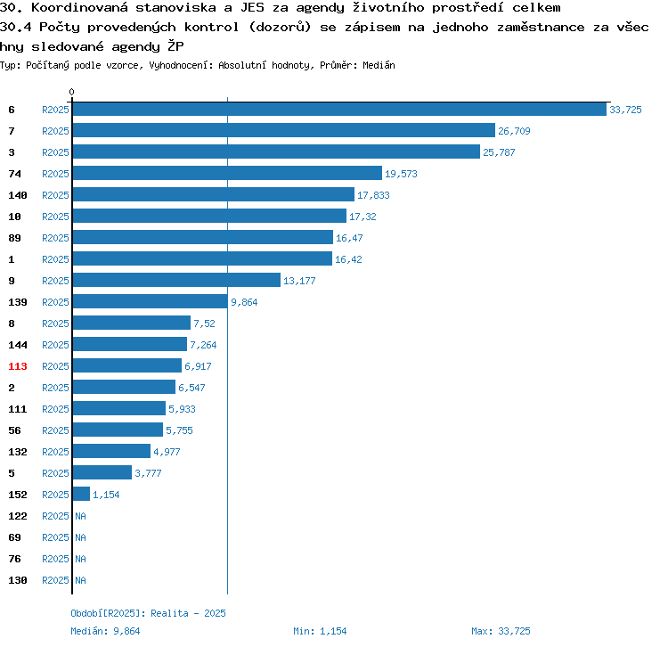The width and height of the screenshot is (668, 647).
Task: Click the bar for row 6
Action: point(339,109)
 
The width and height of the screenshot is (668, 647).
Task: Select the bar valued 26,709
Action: point(284,130)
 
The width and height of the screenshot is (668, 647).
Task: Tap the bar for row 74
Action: point(227,173)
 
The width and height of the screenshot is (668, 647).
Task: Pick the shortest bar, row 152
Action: point(81,494)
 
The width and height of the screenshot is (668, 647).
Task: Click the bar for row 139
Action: point(151,301)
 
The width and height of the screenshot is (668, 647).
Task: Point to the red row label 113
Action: point(18,366)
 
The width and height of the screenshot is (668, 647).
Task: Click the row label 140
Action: point(18,195)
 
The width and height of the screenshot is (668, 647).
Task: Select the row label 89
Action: point(14,238)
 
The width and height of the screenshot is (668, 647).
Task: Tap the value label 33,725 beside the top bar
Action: point(625,110)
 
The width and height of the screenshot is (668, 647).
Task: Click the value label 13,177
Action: point(299,281)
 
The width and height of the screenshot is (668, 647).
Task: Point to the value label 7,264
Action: point(203,345)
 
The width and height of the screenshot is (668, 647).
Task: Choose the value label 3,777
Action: point(148,473)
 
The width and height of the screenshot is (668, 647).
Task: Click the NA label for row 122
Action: point(80,516)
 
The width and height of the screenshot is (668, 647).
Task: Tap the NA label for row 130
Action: point(80,580)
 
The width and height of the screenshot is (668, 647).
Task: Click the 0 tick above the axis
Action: point(71,92)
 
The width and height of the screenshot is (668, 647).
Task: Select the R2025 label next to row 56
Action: point(55,430)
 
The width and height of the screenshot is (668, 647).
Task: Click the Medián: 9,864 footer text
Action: point(105,631)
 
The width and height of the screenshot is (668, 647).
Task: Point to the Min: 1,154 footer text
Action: point(320,631)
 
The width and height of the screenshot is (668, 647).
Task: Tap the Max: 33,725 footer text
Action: point(501,631)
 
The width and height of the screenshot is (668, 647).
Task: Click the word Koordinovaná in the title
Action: point(79,8)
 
